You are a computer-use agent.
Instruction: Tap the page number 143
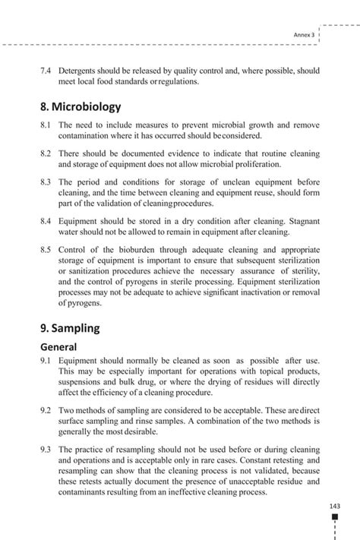(335, 507)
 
